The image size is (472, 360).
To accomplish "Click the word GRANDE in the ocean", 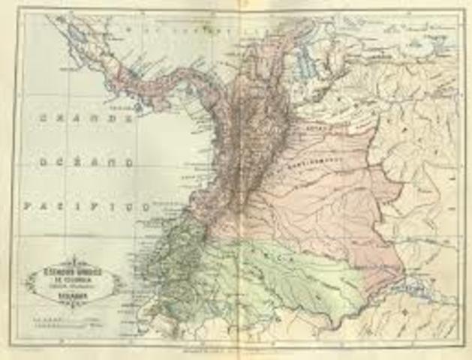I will [x=85, y=118].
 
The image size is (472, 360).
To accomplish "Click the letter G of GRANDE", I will [x=42, y=118].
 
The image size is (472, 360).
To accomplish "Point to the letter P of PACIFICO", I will [x=27, y=204].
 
